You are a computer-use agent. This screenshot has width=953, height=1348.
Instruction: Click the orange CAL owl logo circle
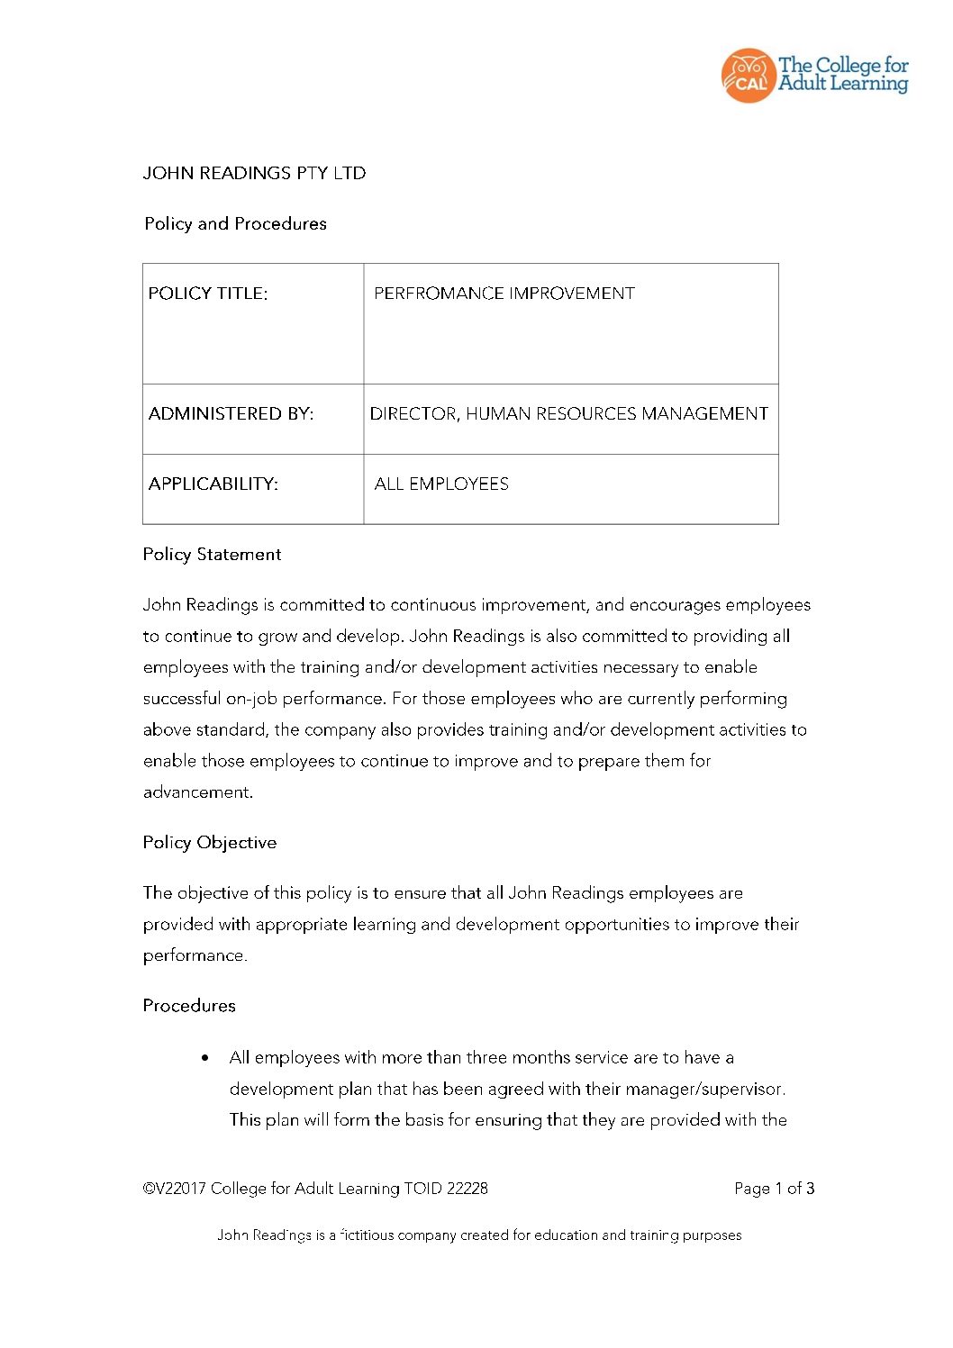click(x=748, y=76)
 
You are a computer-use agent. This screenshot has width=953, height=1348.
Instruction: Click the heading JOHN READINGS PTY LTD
click(x=254, y=173)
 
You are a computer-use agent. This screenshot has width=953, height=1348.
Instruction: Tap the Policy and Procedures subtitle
click(x=235, y=223)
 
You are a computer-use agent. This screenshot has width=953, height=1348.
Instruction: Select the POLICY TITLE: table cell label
click(x=208, y=294)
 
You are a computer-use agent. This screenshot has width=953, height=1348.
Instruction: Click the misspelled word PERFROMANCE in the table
click(x=438, y=294)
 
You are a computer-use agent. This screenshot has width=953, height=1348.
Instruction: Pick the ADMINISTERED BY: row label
click(x=231, y=414)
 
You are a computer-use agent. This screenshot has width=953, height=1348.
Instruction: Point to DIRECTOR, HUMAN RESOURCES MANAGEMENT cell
click(x=568, y=414)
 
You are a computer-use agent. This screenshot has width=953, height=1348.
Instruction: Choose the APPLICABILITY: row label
click(x=213, y=484)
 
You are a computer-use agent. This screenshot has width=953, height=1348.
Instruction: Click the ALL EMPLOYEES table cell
click(x=441, y=484)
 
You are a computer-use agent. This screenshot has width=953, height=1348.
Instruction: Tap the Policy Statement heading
click(x=212, y=555)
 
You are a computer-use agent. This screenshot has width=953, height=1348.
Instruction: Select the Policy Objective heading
click(x=210, y=843)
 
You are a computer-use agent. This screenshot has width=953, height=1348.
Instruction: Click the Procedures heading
click(x=189, y=1006)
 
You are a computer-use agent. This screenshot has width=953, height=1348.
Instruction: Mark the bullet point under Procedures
click(x=206, y=1058)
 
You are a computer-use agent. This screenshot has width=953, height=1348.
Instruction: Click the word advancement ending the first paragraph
click(x=197, y=792)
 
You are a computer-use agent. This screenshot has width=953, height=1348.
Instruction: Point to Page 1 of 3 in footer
click(x=774, y=1189)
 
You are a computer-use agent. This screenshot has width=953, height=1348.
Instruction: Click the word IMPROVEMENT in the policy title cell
click(x=571, y=294)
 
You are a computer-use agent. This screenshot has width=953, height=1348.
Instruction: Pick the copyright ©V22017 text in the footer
click(x=175, y=1189)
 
